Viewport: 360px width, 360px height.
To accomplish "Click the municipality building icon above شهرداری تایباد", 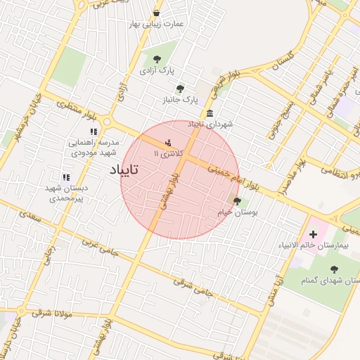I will pos(210,114).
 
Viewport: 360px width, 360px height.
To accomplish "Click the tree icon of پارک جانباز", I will pos(181,89).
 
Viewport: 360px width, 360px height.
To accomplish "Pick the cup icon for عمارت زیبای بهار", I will pos(156,13).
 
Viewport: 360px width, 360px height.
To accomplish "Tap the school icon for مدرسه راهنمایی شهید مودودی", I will pos(93,131).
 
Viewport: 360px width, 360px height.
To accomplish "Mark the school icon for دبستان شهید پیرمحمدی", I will pos(66,178).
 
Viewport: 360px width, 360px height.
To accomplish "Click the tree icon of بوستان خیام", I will pos(237,200).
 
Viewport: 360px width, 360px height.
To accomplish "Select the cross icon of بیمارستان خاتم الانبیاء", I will pos(313,233).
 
